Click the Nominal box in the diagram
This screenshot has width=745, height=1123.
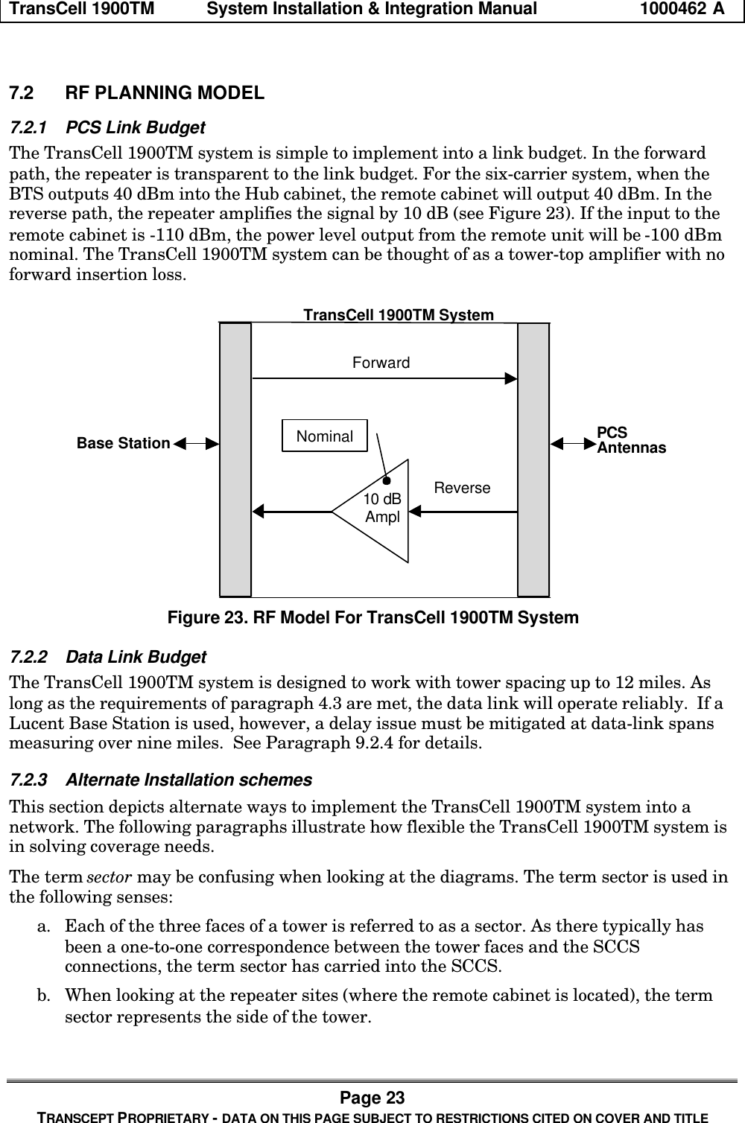(x=325, y=436)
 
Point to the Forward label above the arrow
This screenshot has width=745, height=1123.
(x=381, y=363)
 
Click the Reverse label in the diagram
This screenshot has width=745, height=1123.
(x=462, y=489)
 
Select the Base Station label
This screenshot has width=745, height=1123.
(x=124, y=444)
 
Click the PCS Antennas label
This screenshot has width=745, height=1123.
(x=631, y=441)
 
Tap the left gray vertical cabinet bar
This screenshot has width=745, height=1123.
(x=235, y=459)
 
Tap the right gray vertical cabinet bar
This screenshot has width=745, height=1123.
(x=533, y=459)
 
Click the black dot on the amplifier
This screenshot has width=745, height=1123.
(x=387, y=481)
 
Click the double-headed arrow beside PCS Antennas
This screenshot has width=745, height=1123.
(x=572, y=444)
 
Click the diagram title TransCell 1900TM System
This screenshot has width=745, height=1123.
(x=399, y=315)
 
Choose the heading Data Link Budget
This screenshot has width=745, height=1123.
(x=136, y=658)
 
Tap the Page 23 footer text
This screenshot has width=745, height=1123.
(x=372, y=1098)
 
